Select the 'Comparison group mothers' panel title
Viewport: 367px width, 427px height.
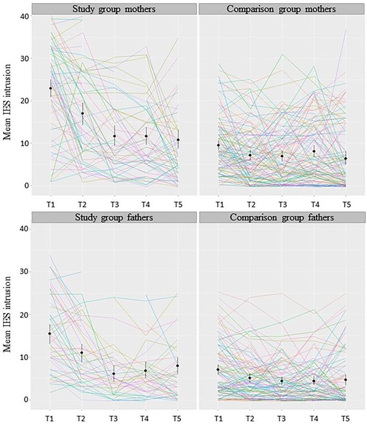tap(282, 9)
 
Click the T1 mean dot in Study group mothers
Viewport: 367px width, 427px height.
tap(50, 88)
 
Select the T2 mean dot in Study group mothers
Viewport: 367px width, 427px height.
tap(82, 113)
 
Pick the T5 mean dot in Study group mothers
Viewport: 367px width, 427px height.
tap(178, 139)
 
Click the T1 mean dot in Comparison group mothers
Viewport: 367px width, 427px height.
tap(218, 146)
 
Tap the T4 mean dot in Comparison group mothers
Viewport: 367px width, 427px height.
tap(314, 151)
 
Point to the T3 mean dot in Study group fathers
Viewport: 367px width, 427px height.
tap(114, 374)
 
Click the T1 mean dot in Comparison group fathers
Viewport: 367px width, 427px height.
tap(218, 369)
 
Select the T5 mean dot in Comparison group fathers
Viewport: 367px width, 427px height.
tap(345, 379)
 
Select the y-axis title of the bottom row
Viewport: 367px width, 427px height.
tap(7, 316)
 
